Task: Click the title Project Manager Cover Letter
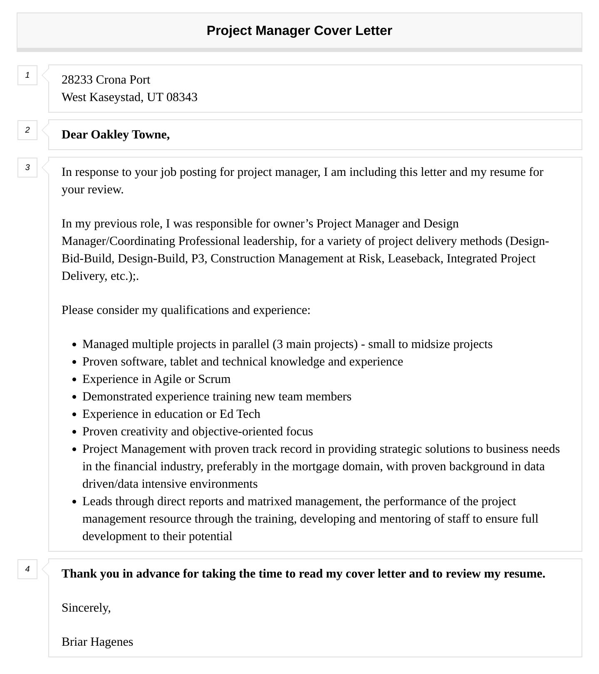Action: coord(299,31)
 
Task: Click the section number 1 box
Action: coord(27,75)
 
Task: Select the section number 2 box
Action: coord(27,130)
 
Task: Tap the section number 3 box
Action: coord(27,168)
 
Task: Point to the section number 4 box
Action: coord(27,569)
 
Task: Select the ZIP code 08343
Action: coord(182,97)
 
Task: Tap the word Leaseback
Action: coord(416,259)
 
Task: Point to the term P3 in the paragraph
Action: coord(198,259)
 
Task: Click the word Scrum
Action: coord(214,379)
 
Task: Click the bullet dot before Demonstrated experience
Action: coord(74,397)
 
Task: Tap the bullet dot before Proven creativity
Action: coord(74,432)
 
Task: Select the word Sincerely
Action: coord(86,608)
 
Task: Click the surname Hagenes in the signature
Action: coord(112,642)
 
